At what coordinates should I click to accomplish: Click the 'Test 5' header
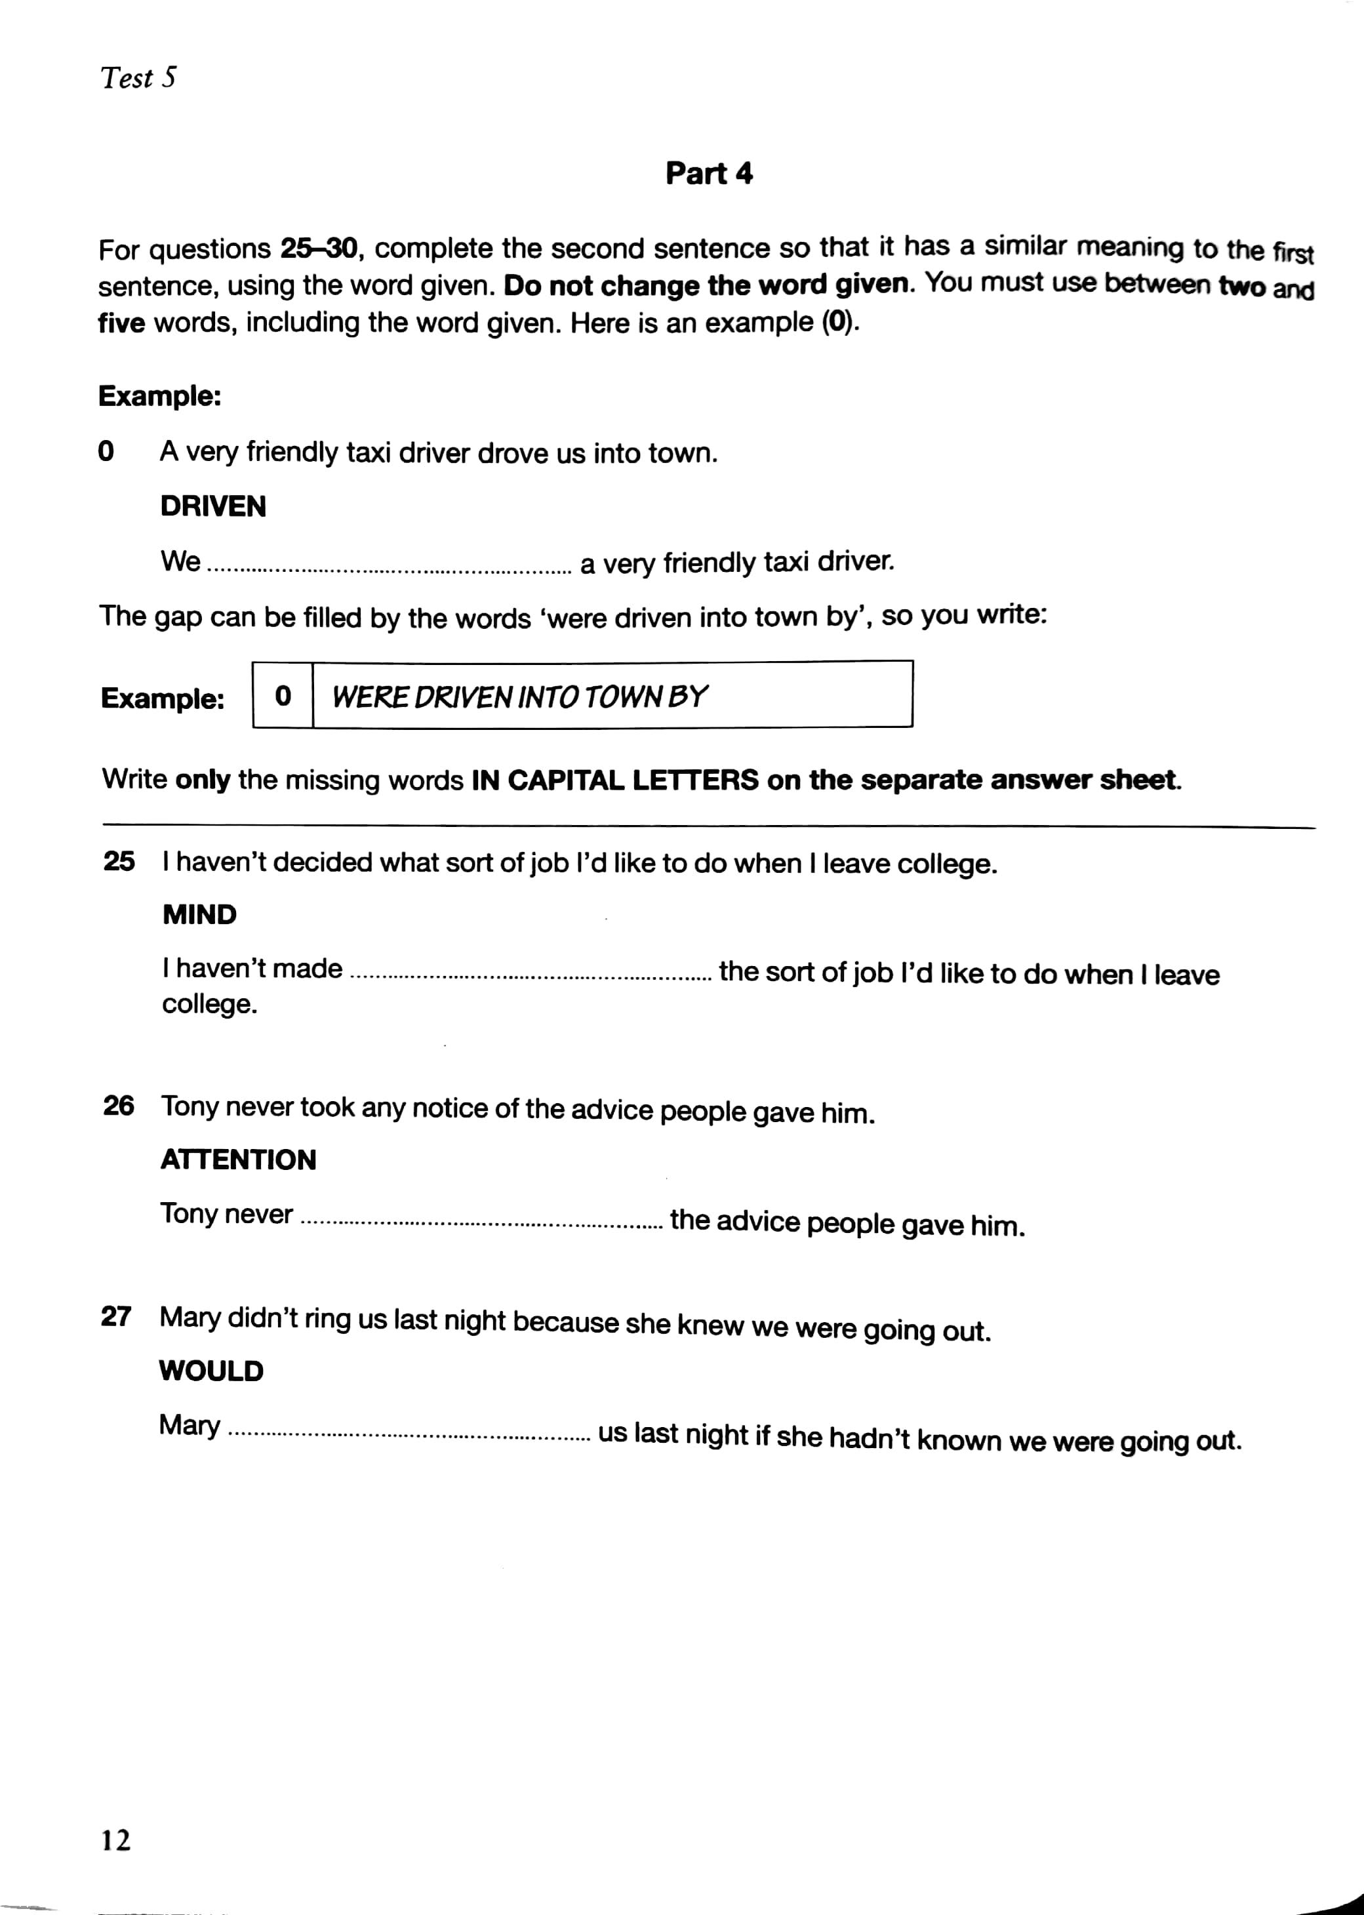click(138, 78)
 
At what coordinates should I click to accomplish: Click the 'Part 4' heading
click(709, 174)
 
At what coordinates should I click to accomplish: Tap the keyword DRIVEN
click(213, 506)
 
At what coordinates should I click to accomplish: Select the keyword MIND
click(200, 915)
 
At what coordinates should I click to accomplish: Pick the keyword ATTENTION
click(239, 1160)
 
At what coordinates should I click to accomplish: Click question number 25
click(119, 861)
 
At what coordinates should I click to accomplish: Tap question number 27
click(117, 1316)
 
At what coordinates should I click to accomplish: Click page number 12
click(116, 1841)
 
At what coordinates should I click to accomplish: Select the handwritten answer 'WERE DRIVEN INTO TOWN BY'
click(520, 696)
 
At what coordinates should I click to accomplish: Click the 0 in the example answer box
click(283, 695)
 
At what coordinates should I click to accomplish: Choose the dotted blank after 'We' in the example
click(389, 569)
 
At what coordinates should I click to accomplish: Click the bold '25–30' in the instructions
click(319, 249)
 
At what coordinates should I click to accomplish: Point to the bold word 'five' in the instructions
click(122, 323)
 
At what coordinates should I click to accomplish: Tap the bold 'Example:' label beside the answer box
click(163, 698)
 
